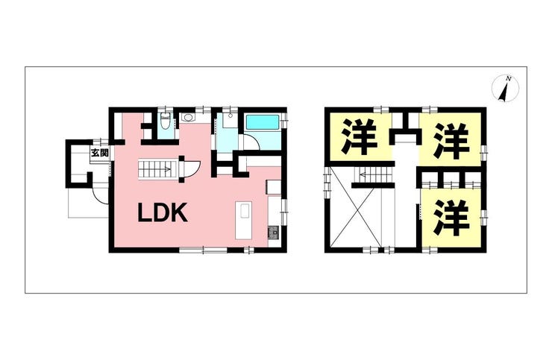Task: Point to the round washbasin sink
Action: pos(187,117)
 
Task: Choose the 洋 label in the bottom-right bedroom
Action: pos(451,216)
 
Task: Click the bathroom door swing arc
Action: pos(245,143)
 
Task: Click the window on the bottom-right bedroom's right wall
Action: pos(483,216)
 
